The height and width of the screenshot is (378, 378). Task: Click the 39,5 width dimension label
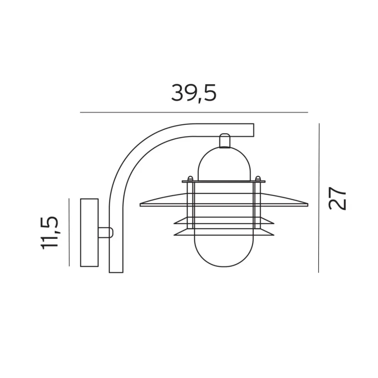pyautogui.click(x=194, y=93)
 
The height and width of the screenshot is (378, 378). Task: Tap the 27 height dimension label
pyautogui.click(x=337, y=198)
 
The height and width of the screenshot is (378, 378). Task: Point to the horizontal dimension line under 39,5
pyautogui.click(x=194, y=112)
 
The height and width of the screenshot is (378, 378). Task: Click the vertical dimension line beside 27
pyautogui.click(x=319, y=198)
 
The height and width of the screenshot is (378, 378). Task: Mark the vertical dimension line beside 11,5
pyautogui.click(x=69, y=232)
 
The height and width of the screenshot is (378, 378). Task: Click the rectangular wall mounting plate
pyautogui.click(x=89, y=233)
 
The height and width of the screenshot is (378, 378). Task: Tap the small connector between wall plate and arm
pyautogui.click(x=105, y=233)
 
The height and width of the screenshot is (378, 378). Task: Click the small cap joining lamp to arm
pyautogui.click(x=224, y=140)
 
